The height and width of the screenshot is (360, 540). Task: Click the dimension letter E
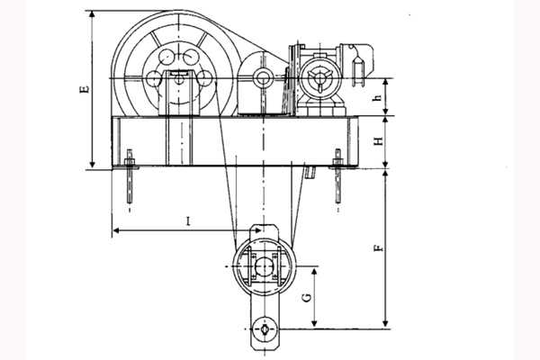coord(85,89)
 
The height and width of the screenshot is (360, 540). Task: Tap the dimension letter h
coord(378,97)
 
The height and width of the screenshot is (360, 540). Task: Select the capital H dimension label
coord(379,141)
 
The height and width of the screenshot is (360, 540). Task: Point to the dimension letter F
coord(379,248)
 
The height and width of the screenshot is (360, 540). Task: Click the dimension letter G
coord(307,298)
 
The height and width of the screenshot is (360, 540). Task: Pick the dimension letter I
coord(188,220)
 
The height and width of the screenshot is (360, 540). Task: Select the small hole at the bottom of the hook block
coord(265,328)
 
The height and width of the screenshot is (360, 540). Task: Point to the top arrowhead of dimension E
coord(92,14)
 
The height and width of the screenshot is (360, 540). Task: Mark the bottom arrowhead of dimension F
coord(386,325)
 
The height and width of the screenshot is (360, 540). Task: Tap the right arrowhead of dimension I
coord(257,230)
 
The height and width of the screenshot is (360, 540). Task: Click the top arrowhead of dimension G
coord(314,271)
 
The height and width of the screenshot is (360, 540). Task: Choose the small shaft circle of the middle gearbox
coord(263,78)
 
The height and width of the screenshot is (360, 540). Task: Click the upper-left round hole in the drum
coord(166,57)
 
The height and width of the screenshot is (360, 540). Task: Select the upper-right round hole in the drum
coord(191,57)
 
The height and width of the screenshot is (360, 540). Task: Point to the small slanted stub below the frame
coord(310,172)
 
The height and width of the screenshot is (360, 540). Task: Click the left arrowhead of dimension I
coord(117,230)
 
